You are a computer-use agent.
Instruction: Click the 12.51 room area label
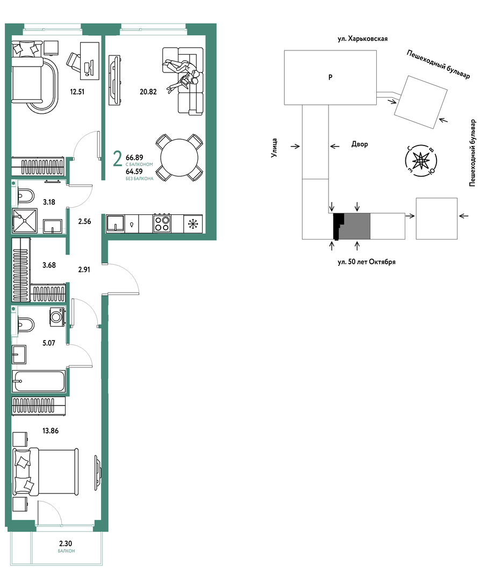pos(77,92)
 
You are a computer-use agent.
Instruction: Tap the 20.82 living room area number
pos(148,92)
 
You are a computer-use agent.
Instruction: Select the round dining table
pos(179,157)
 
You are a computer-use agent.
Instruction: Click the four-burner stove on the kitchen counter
pos(162,223)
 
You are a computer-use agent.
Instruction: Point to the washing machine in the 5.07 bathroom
pos(58,317)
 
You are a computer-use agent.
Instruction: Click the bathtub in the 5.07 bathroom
pos(39,381)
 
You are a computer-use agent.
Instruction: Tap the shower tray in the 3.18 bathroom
pos(25,221)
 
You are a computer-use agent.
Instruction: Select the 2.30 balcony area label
pos(66,543)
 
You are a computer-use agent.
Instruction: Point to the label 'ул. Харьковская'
pos(363,39)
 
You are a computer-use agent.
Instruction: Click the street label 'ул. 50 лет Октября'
pos(367,262)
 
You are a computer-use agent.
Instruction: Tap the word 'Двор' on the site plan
pos(360,144)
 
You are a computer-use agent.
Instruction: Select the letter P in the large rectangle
pos(331,77)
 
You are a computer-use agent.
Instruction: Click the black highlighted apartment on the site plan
pos(338,226)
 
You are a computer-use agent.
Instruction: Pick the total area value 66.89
pos(134,157)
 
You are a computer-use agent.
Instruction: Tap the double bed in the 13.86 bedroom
pos(46,472)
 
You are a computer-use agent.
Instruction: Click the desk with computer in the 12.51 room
pos(90,61)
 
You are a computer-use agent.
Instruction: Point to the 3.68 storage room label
pos(49,265)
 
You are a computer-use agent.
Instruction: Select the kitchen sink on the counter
pos(116,223)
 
